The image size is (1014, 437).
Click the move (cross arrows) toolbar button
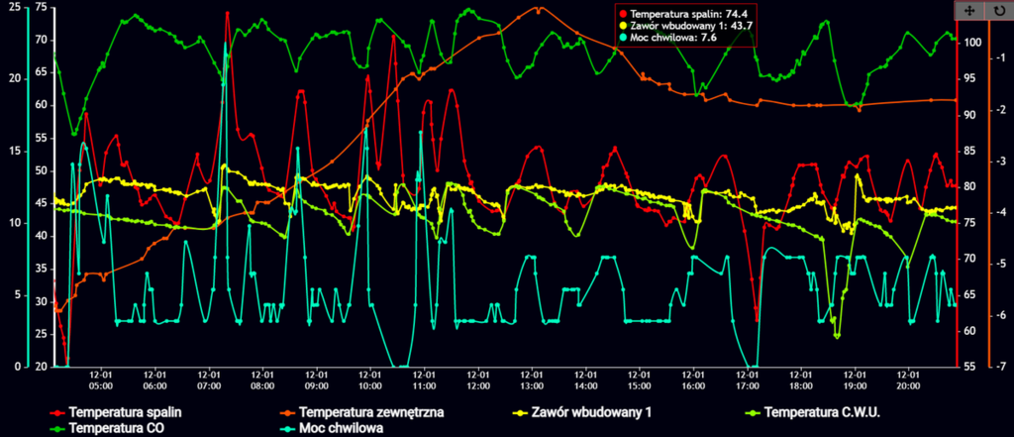(x=968, y=9)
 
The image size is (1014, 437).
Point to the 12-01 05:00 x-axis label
(x=101, y=381)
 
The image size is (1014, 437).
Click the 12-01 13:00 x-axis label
(x=532, y=381)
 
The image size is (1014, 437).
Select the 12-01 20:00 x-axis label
(x=908, y=381)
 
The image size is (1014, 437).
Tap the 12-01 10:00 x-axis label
(x=370, y=381)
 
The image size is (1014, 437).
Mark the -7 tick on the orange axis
(x=1002, y=367)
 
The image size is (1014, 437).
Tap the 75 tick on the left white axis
(x=41, y=7)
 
